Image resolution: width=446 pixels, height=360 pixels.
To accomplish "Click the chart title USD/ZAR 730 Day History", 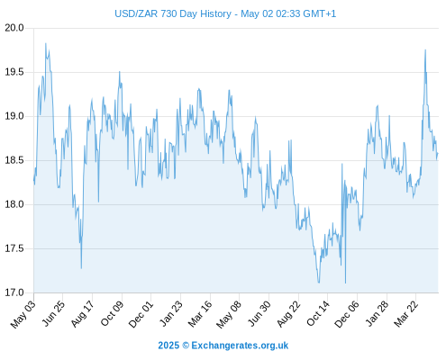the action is [x=173, y=13].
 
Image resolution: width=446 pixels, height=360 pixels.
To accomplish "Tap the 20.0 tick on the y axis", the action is [x=14, y=28].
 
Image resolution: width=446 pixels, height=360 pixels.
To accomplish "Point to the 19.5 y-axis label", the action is [x=14, y=72].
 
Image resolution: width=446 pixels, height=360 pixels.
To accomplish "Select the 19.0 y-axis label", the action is [x=14, y=116].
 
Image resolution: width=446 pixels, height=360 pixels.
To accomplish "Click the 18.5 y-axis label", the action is [x=14, y=160].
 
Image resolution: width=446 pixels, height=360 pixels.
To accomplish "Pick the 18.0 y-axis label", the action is [x=14, y=204].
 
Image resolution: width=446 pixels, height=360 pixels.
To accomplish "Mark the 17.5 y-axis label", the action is [x=14, y=248].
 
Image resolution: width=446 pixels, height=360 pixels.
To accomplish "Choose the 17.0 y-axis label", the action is [x=14, y=292].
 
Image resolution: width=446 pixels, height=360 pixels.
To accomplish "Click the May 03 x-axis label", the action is [x=23, y=314].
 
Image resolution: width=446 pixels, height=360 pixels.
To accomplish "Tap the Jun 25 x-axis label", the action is [x=52, y=313].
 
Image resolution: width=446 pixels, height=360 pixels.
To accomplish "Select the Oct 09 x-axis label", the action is [x=112, y=313].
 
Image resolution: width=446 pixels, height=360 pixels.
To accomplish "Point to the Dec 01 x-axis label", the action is [x=141, y=314].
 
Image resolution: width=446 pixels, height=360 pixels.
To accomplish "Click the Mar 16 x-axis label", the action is [x=200, y=314].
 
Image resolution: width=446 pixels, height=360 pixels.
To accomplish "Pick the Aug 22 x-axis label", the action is [x=288, y=314].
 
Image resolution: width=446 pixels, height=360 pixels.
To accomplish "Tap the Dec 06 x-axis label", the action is [x=347, y=314].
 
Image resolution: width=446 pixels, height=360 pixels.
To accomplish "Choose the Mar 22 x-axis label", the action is [x=405, y=314].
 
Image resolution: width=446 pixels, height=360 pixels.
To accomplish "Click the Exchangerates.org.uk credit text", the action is [x=240, y=346].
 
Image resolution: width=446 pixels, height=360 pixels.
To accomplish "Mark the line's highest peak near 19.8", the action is [x=46, y=44].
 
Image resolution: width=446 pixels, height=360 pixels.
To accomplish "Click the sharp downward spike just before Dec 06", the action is [x=345, y=282].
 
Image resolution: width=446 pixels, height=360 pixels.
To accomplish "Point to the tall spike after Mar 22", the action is [x=425, y=50].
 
